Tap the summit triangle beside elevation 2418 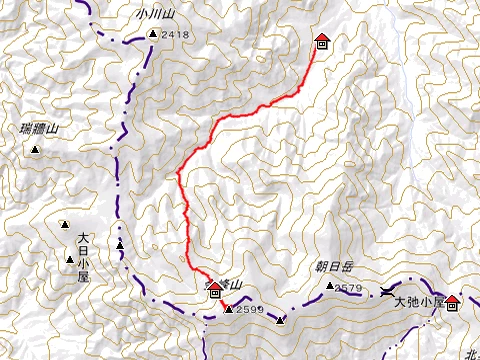(152, 35)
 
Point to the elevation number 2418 (174, 35)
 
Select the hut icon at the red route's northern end (322, 42)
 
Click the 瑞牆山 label (40, 129)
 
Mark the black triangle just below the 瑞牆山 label (36, 150)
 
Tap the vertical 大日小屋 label (83, 256)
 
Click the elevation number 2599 (250, 310)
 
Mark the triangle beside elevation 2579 (330, 287)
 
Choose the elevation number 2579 (348, 289)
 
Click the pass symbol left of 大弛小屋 (387, 292)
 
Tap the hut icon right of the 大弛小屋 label (452, 301)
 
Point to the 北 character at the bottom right (471, 353)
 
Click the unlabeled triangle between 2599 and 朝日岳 (281, 320)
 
